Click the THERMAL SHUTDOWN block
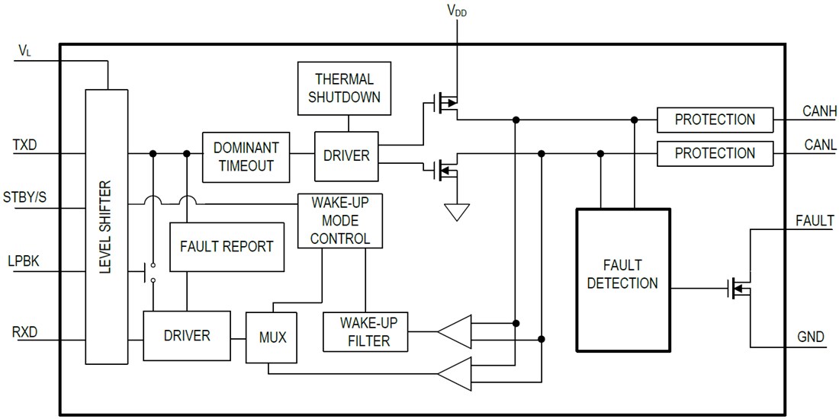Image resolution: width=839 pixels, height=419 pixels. pos(344,89)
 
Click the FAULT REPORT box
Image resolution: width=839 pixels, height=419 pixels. pos(227,247)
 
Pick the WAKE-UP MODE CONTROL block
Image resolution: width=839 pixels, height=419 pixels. pos(339,220)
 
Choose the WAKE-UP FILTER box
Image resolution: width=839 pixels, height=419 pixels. pos(366,331)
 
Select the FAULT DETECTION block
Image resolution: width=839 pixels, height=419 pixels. pos(622,274)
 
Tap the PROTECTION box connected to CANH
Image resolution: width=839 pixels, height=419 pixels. pos(715,120)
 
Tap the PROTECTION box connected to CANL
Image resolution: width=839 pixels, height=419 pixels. pos(715,153)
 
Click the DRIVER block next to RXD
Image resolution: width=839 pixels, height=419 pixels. pos(187,335)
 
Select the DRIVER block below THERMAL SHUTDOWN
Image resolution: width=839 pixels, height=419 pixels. pos(346,155)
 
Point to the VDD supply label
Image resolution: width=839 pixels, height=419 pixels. pos(456,11)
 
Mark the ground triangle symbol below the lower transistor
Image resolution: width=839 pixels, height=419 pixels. pos(457,211)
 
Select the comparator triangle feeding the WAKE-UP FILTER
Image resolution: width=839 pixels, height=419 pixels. pos(454,331)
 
